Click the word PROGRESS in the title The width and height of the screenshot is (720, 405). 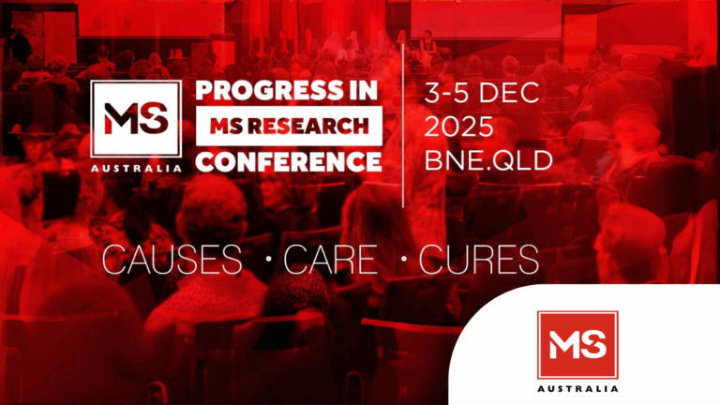tap(263, 90)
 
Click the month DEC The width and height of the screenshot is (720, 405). tap(509, 92)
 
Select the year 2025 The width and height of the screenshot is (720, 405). tap(458, 127)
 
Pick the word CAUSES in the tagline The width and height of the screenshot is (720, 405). tap(172, 260)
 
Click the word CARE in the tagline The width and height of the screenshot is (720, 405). tap(331, 260)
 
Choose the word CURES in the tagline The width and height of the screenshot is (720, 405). tap(478, 260)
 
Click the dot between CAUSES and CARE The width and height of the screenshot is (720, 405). tap(269, 259)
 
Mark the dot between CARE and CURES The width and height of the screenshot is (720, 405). tap(404, 259)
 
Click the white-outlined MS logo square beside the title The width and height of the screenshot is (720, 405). tap(136, 119)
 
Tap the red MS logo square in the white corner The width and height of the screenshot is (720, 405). tap(577, 345)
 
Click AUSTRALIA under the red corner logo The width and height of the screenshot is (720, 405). tap(577, 389)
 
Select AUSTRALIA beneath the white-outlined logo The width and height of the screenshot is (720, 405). tap(136, 169)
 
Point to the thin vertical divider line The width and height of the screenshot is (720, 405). tap(403, 126)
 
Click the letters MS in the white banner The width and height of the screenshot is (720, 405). tap(226, 126)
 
